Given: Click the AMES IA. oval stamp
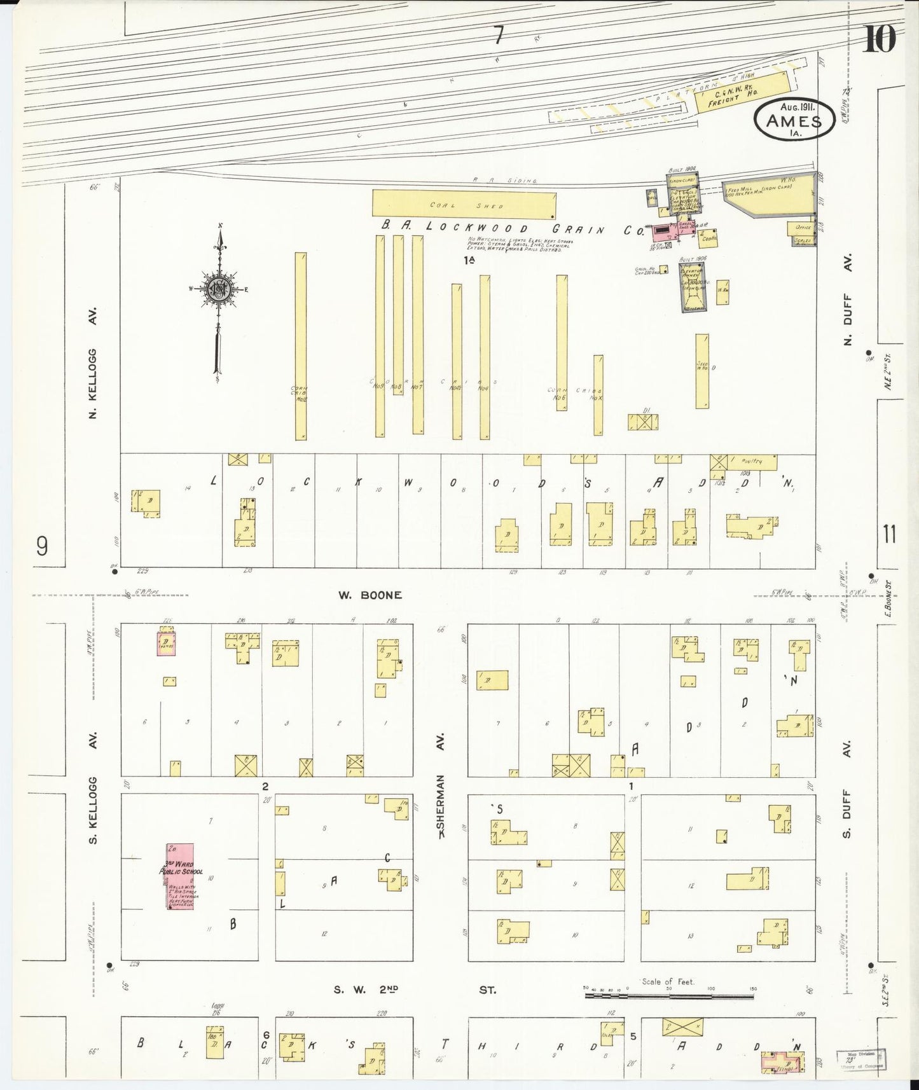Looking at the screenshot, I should click(x=794, y=119).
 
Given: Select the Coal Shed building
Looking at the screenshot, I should click(x=464, y=205).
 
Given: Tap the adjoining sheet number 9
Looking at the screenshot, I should click(x=42, y=546).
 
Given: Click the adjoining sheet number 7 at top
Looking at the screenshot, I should click(x=499, y=37).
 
